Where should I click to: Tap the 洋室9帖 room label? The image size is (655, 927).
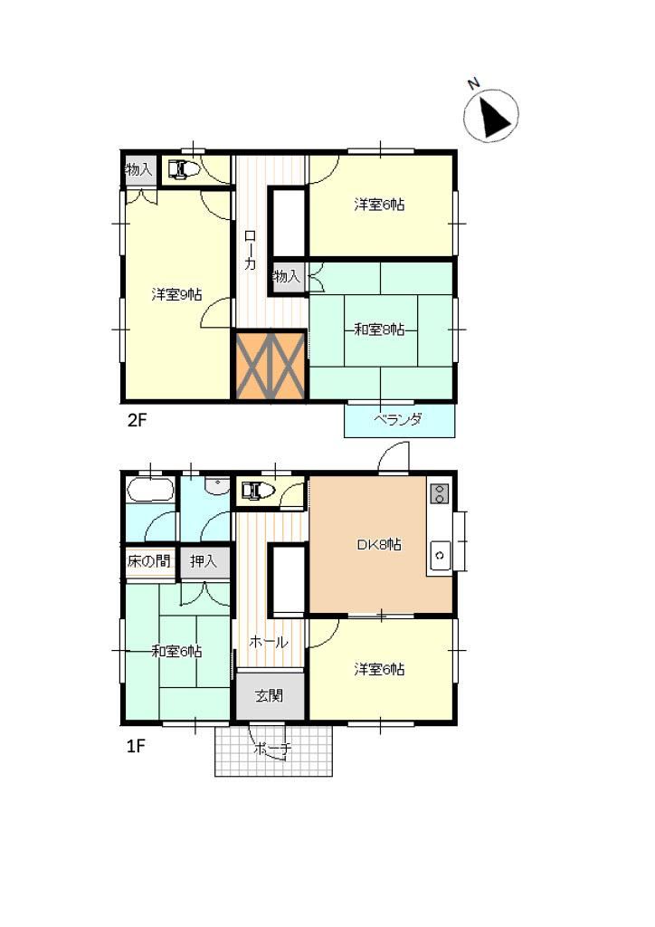[176, 294]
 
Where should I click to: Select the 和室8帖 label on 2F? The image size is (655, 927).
[379, 330]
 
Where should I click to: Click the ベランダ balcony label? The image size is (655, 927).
[397, 420]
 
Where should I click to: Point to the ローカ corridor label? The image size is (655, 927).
[251, 250]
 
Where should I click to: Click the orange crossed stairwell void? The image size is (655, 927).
[271, 366]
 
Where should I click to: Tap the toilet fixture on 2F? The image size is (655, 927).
[184, 169]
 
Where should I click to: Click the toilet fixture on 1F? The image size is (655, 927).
[258, 490]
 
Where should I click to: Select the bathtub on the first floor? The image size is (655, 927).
[149, 490]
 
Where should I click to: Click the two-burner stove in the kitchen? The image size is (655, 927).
[439, 493]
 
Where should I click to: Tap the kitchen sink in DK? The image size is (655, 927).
[440, 555]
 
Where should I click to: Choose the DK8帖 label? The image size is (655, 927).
[379, 544]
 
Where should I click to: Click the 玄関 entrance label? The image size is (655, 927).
[270, 696]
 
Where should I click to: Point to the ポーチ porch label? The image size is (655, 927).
[272, 749]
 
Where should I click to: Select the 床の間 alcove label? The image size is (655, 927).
[149, 560]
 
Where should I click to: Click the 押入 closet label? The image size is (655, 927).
[204, 560]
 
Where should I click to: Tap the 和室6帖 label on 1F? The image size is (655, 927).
[176, 652]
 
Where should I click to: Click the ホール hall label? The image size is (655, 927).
[269, 642]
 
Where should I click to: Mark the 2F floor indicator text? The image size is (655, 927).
[137, 420]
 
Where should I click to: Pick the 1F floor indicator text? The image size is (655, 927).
[136, 746]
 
